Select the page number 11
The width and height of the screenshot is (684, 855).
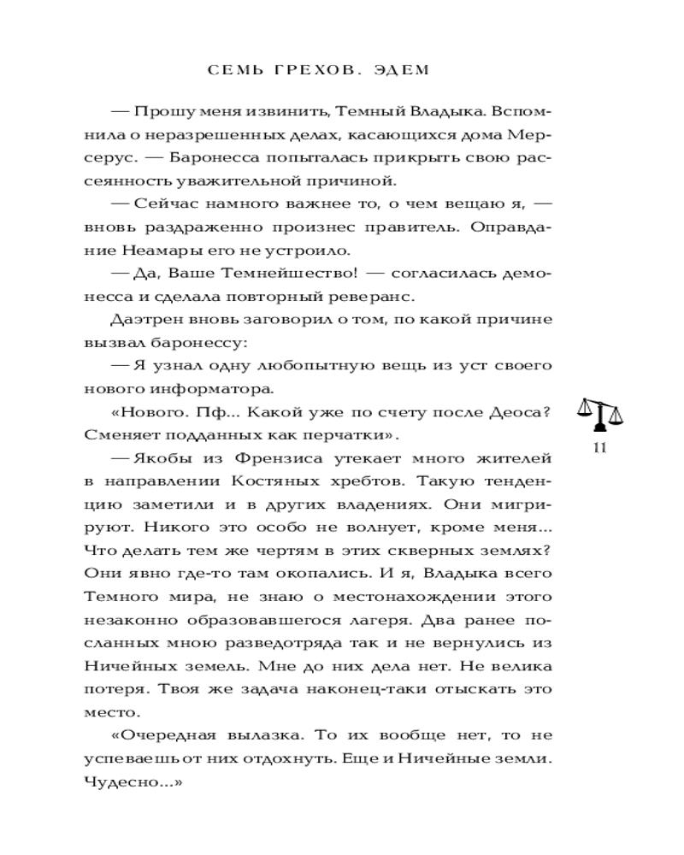click(x=599, y=449)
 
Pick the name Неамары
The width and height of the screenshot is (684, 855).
click(x=148, y=251)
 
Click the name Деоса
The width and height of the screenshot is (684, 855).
click(x=514, y=412)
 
